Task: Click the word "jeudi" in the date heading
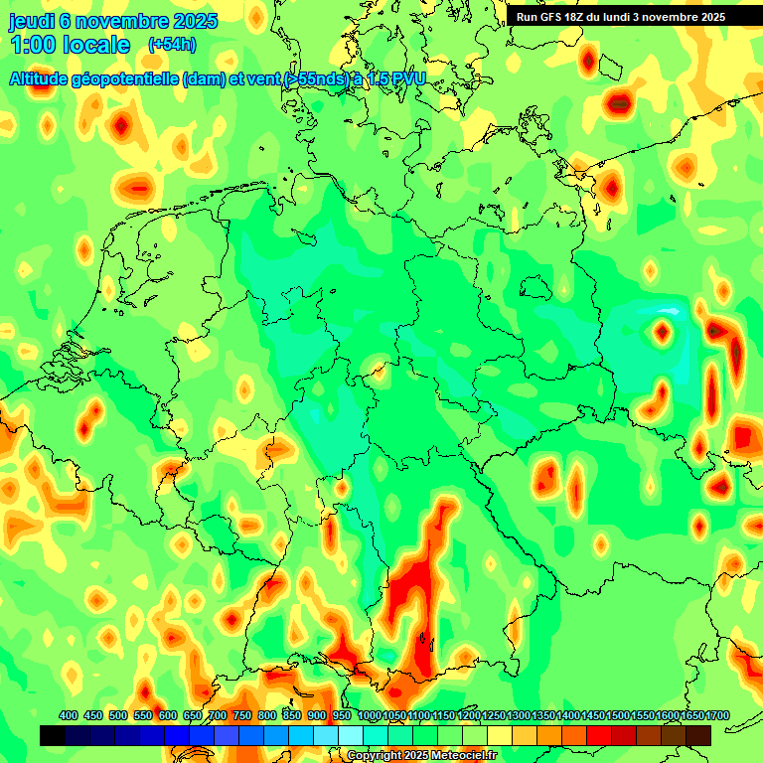click(x=33, y=21)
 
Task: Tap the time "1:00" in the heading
click(x=33, y=45)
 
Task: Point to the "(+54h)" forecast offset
click(x=171, y=45)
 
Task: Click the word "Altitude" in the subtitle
click(x=43, y=78)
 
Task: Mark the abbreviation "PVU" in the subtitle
click(x=404, y=78)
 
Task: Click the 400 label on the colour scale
click(x=69, y=716)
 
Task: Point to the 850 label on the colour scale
click(x=291, y=716)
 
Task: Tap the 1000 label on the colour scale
click(x=370, y=716)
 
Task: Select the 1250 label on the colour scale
click(x=494, y=716)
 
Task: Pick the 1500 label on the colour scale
click(x=618, y=716)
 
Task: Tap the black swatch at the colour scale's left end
click(x=53, y=735)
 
